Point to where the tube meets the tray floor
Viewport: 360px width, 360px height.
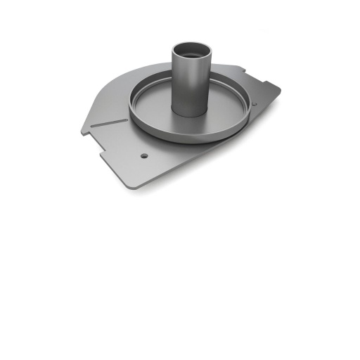tap(188, 115)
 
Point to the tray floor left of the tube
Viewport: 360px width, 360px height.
tap(151, 112)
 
